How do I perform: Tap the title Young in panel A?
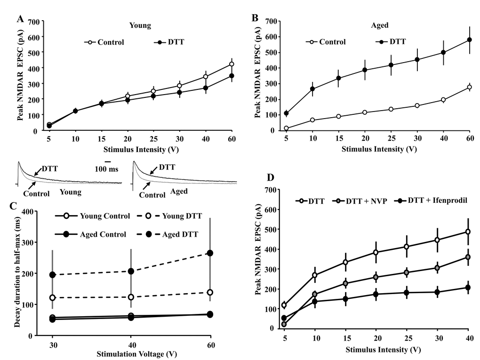[140, 26]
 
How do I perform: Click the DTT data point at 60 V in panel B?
[469, 40]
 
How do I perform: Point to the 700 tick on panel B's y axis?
[270, 21]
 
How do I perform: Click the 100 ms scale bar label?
[107, 168]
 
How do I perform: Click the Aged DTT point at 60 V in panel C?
[210, 253]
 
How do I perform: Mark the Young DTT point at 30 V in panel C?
[53, 298]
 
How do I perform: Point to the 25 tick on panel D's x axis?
[406, 338]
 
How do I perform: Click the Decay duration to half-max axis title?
[23, 273]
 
